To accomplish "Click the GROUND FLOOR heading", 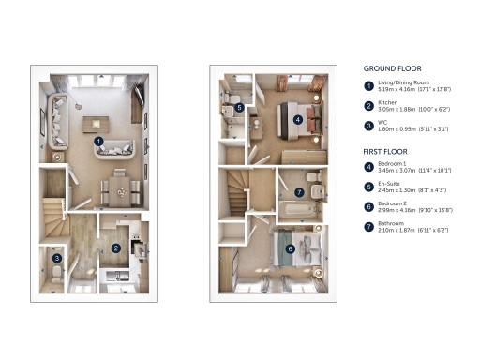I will (393, 68).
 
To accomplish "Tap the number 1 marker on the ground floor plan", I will (98, 142).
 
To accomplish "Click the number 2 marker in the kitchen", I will (115, 247).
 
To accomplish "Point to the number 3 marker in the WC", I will (57, 258).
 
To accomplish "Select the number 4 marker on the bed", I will (298, 119).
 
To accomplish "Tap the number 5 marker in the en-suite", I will (240, 108).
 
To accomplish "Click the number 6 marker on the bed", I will (290, 248).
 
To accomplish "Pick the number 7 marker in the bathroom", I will (299, 191).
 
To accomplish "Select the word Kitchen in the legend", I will (389, 104).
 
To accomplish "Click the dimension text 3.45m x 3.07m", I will (398, 172).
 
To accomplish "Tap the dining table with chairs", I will (121, 187).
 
